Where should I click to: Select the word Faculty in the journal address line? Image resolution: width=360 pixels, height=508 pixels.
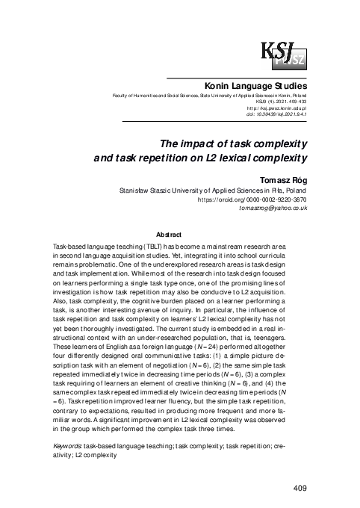pyautogui.click(x=122, y=97)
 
